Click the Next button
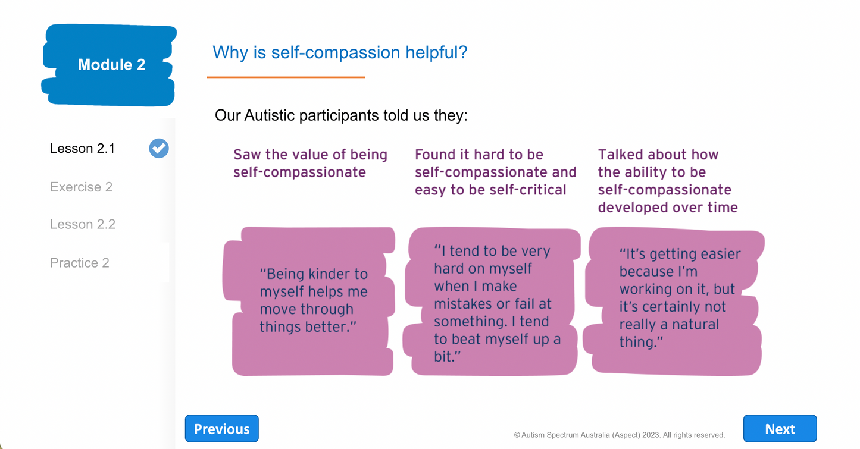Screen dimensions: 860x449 [x=780, y=428]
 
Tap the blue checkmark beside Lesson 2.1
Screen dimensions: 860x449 [x=159, y=148]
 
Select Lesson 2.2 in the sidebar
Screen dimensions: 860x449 [x=83, y=224]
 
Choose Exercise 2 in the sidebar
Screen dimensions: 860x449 [x=81, y=187]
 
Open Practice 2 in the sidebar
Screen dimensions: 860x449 [x=80, y=263]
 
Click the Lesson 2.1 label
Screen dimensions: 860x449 [x=83, y=148]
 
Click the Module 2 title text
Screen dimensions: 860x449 [x=112, y=64]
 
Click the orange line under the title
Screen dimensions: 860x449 [x=286, y=77]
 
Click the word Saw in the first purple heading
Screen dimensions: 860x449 [x=247, y=154]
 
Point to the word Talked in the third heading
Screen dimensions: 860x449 [x=620, y=154]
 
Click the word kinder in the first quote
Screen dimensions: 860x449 [x=326, y=274]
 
